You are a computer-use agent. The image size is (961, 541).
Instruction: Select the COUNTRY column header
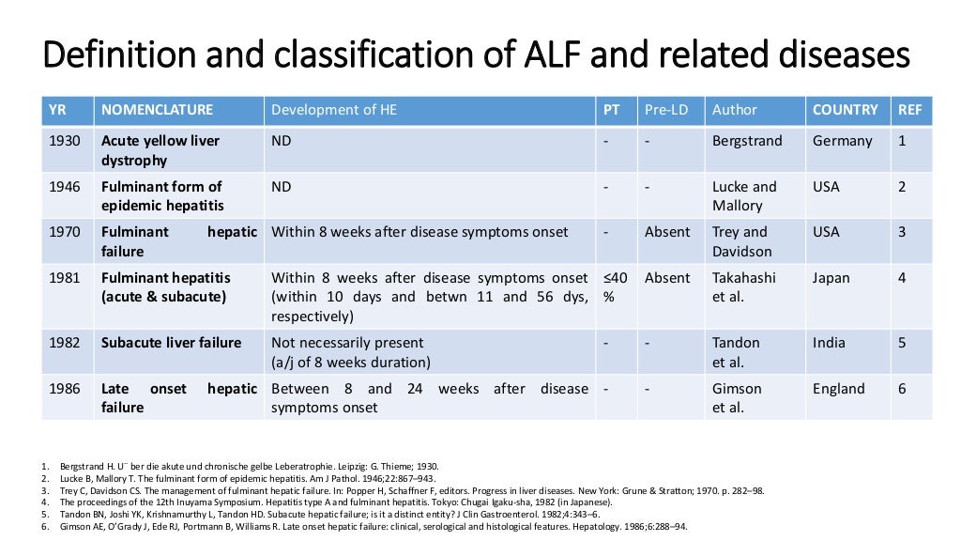click(845, 110)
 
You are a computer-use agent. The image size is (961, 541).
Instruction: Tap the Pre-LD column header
click(666, 110)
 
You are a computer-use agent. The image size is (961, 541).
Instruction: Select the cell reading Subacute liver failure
click(171, 343)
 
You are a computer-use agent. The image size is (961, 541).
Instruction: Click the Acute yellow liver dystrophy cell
click(160, 150)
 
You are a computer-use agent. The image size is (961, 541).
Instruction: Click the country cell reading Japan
click(831, 278)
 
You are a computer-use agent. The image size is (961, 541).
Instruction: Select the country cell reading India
click(830, 343)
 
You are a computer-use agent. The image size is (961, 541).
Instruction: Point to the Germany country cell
click(842, 141)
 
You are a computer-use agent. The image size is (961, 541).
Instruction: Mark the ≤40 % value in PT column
click(615, 286)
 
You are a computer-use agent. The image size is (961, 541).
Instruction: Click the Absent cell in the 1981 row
click(666, 278)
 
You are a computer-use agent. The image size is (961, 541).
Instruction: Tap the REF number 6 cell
click(902, 389)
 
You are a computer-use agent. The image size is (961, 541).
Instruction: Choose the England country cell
click(838, 389)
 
